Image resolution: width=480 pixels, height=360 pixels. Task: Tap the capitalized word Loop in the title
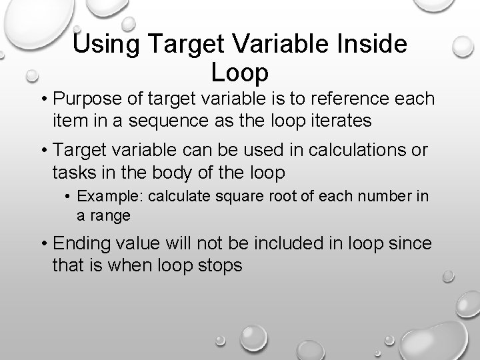point(239,71)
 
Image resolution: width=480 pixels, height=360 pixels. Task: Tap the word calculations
point(343,149)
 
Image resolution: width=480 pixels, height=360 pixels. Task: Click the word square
point(229,197)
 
